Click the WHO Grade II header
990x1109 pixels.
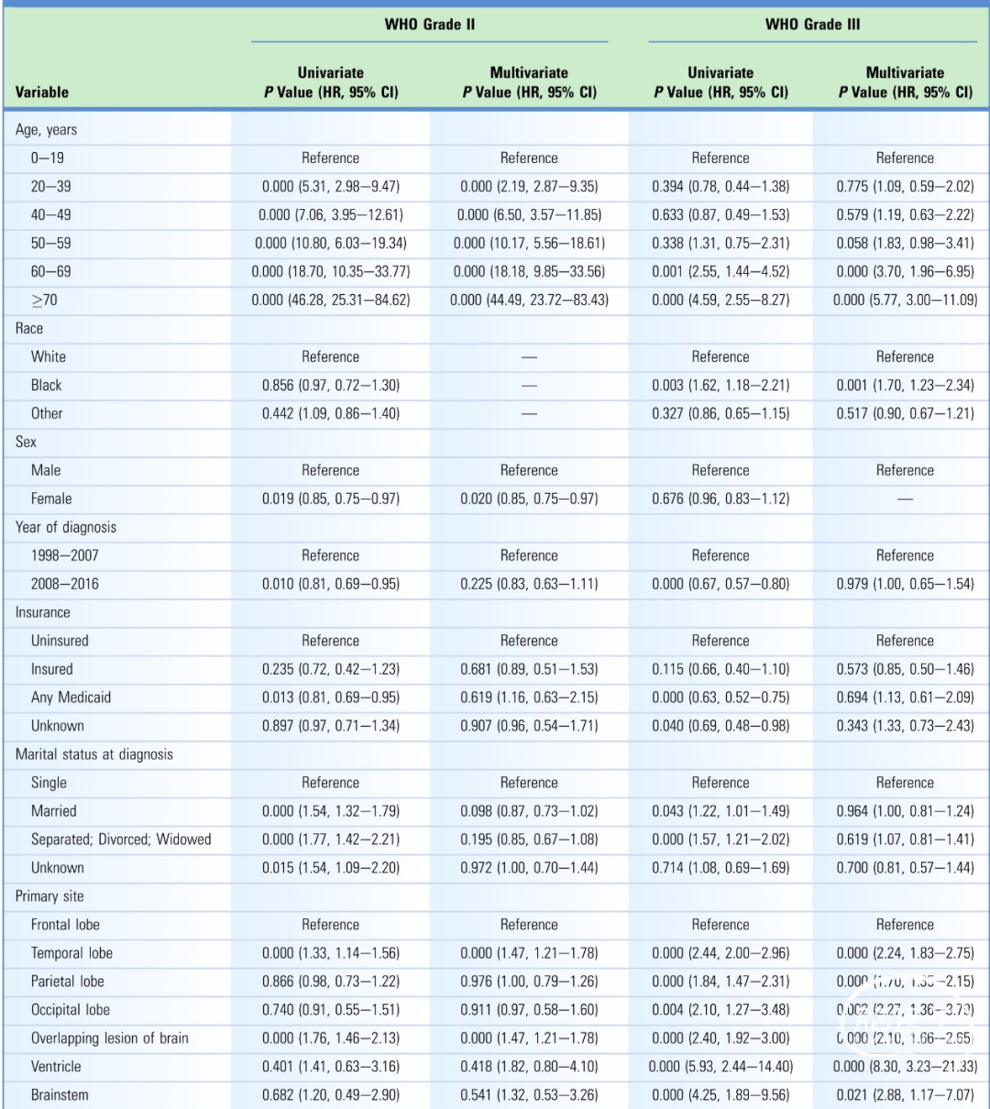pos(429,25)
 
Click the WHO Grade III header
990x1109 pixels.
pos(812,25)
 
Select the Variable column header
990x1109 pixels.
pos(42,93)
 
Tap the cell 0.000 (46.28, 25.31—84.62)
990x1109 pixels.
pos(331,300)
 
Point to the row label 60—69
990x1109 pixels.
pos(51,271)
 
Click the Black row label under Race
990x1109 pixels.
pos(47,385)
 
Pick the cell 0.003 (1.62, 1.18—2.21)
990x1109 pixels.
pos(720,385)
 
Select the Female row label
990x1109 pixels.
pos(51,499)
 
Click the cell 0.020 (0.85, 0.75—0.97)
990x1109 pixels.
pos(529,499)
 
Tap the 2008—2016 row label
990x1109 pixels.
pos(65,584)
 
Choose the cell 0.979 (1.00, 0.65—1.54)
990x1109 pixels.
pos(905,584)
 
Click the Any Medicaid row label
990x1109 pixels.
pos(71,697)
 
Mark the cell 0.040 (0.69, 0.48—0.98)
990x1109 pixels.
pos(720,726)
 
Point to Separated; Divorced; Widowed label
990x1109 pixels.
pos(121,840)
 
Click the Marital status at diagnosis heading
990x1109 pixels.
pos(94,754)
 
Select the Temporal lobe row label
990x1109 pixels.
pos(71,953)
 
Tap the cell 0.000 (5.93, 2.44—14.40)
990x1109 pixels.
pos(720,1067)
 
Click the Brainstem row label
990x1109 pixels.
pos(60,1095)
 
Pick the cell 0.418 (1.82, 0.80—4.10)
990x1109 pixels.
pos(529,1067)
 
